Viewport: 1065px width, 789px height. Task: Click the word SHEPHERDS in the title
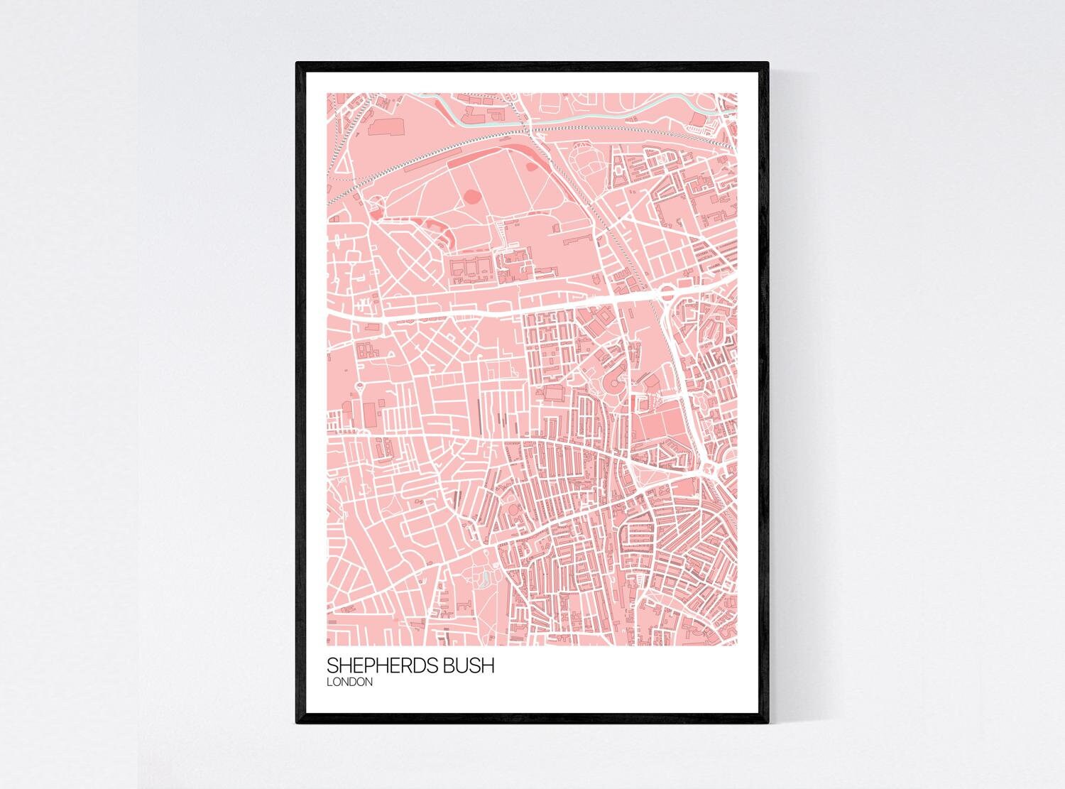[377, 667]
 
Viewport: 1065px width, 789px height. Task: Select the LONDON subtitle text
[349, 682]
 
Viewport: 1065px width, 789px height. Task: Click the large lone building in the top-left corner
[385, 126]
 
